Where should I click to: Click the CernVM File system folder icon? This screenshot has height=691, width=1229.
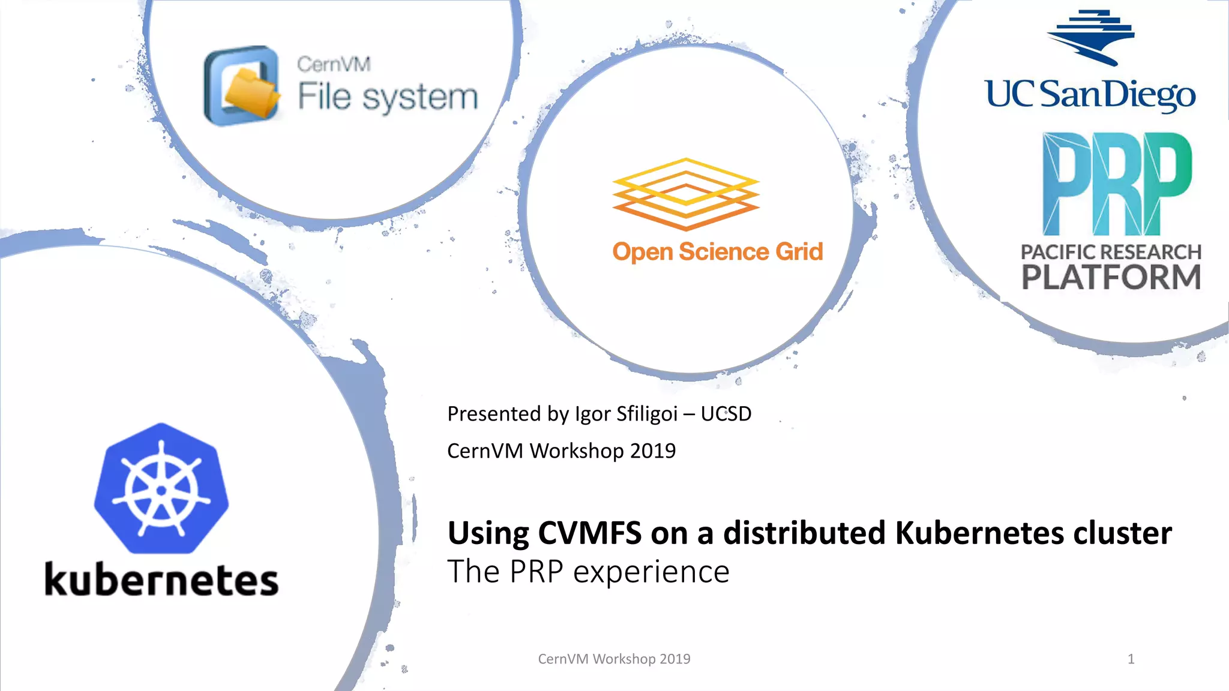[x=242, y=86]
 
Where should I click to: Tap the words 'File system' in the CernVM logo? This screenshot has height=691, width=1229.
[x=388, y=97]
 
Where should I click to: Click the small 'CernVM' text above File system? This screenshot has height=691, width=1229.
[x=334, y=64]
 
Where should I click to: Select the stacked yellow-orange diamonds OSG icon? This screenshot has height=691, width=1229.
[x=686, y=193]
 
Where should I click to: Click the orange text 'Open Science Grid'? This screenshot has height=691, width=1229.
[x=717, y=252]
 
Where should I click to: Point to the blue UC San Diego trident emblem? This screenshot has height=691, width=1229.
[x=1090, y=37]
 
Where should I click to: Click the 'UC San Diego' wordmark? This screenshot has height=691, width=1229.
[x=1090, y=95]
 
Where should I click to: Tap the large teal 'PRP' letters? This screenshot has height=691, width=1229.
[x=1117, y=184]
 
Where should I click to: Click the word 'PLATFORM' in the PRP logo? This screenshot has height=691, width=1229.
[x=1111, y=277]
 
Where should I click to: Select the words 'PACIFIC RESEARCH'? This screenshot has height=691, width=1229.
[x=1111, y=252]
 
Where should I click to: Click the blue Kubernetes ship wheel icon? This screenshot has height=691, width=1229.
[x=161, y=488]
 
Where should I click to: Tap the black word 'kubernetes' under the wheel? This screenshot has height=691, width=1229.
[x=161, y=580]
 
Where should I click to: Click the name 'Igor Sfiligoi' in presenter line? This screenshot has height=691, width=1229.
[x=626, y=414]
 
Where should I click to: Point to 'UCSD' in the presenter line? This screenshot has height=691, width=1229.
[x=726, y=414]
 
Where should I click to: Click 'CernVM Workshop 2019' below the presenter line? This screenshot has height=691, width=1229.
[x=561, y=450]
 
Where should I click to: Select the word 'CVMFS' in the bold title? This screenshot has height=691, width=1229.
[x=589, y=533]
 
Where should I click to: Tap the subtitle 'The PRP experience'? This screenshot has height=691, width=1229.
[x=588, y=571]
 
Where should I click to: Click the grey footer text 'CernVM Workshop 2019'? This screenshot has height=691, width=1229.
[x=614, y=659]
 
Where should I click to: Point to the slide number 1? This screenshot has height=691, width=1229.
[x=1131, y=659]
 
